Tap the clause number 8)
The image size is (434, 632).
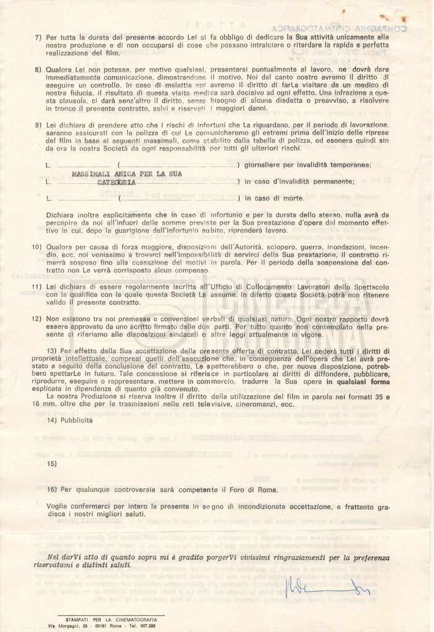coord(38,70)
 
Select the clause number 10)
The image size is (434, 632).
coord(36,246)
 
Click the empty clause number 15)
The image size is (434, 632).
coord(52,463)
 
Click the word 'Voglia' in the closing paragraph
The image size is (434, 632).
coord(58,506)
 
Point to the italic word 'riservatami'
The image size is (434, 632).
coord(56,565)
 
